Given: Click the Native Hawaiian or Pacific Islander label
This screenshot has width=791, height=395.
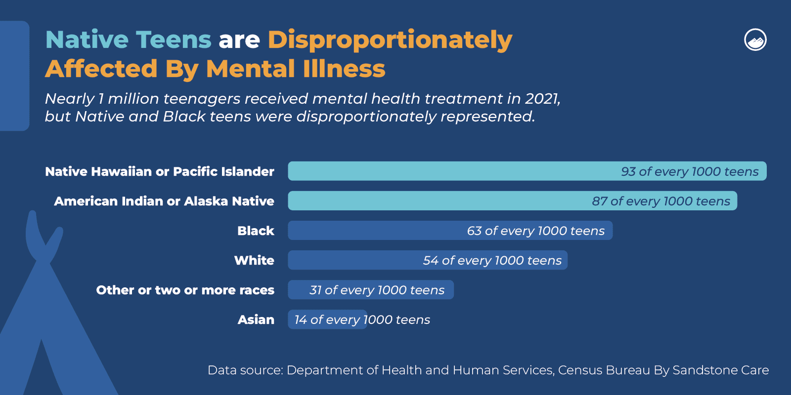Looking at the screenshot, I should click(x=159, y=171).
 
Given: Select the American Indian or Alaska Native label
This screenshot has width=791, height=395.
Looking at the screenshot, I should click(x=164, y=201).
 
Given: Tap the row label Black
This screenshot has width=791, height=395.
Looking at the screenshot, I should click(x=255, y=231).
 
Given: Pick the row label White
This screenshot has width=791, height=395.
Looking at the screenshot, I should click(x=254, y=260).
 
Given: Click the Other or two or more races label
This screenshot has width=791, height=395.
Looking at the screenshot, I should click(x=185, y=290).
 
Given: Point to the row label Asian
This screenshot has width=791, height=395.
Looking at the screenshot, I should click(x=256, y=319).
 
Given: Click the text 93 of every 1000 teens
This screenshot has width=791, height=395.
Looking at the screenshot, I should click(x=689, y=171).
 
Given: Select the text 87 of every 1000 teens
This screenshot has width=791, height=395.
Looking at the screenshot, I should click(x=660, y=201).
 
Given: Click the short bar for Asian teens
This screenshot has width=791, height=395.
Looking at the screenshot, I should click(x=327, y=319).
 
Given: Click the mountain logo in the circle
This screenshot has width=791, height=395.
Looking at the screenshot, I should click(x=755, y=40).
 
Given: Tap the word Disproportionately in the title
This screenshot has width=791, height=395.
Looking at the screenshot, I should click(x=390, y=40).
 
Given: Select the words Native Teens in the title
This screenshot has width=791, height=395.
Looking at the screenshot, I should click(x=128, y=40).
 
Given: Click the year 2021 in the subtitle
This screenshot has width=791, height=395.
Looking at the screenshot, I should click(x=542, y=99).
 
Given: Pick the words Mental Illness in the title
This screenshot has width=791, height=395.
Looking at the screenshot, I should click(x=295, y=69).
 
